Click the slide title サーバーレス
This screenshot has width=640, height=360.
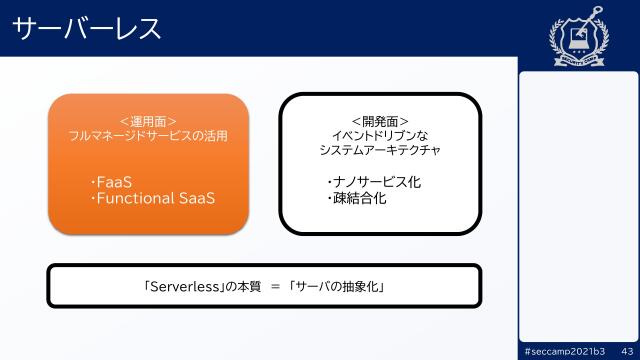pos(88,29)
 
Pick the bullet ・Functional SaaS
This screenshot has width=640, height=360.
pos(152,198)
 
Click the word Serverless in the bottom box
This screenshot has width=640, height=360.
pos(185,286)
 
